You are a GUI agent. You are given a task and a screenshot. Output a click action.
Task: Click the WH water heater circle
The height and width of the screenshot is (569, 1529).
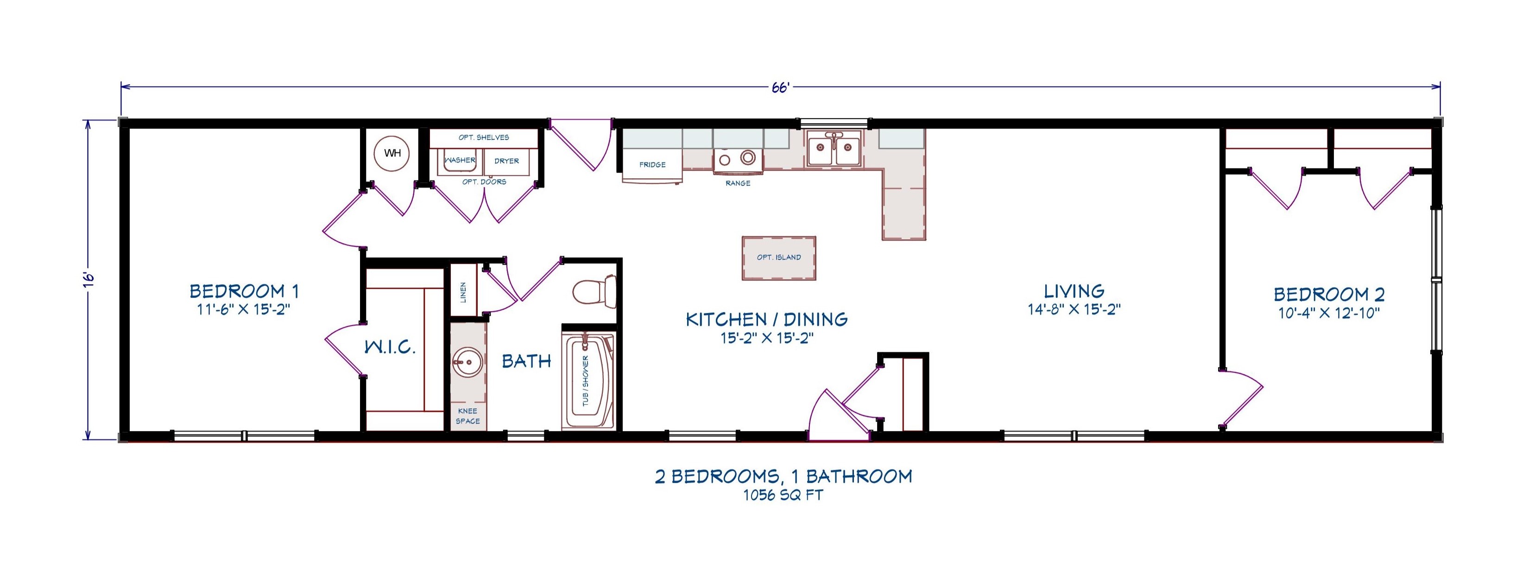[x=392, y=153]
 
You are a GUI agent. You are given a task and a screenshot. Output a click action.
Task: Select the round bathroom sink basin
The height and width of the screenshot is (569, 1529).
[x=468, y=362]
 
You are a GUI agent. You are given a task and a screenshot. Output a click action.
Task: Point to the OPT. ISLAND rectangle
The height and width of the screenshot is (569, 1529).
[x=779, y=257]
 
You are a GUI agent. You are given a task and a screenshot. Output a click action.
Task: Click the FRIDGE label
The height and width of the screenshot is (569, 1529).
[x=652, y=164]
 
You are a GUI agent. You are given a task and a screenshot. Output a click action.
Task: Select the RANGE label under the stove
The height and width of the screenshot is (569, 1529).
[x=738, y=183]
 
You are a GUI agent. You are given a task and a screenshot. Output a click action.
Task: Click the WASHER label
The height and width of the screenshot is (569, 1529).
[x=461, y=160]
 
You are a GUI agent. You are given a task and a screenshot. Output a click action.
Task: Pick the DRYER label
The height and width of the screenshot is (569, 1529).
[x=506, y=161]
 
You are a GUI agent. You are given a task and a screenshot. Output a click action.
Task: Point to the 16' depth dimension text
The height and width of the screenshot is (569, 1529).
[x=88, y=280]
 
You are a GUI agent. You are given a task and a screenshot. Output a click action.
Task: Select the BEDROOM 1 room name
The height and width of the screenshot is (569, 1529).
[x=244, y=291]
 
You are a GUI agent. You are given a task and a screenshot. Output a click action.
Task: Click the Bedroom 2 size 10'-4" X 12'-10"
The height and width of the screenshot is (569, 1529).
[x=1329, y=313]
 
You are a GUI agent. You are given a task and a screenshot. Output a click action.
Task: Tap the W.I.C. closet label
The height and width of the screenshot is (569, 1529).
[x=389, y=347]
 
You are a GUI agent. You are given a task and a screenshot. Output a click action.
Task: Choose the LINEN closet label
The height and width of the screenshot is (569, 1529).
[x=463, y=292]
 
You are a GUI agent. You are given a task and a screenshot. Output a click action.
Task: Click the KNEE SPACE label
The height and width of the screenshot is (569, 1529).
[x=468, y=416]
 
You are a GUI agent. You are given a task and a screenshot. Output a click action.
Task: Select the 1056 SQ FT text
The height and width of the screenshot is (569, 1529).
[x=783, y=495]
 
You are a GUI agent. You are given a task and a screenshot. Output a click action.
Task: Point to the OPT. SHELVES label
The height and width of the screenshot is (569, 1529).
[x=484, y=137]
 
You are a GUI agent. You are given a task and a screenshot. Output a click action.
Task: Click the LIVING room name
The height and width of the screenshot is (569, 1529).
[x=1074, y=291]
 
